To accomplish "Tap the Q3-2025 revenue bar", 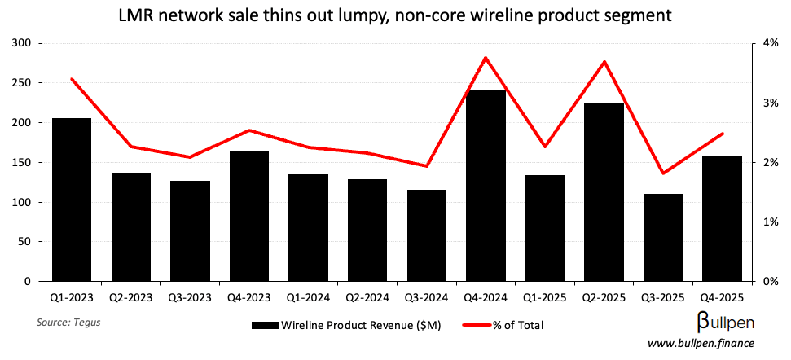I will (663, 237).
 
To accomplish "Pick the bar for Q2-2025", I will (604, 192).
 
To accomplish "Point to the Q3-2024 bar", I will (427, 235).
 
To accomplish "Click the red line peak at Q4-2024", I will (486, 58).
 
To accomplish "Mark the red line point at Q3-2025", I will (663, 173).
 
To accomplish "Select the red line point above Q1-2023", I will (72, 79).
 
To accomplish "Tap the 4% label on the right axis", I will (768, 43).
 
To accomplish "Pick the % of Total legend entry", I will (517, 326).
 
